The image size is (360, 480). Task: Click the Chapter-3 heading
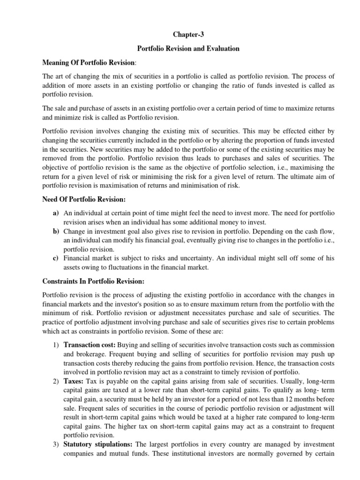coord(180,34)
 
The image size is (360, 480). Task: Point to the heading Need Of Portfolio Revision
coord(84,199)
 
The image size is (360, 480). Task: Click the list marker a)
coord(55,213)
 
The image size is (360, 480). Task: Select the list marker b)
coord(55,232)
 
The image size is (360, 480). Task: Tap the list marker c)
coord(55,259)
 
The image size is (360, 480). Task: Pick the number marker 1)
coord(55,358)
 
